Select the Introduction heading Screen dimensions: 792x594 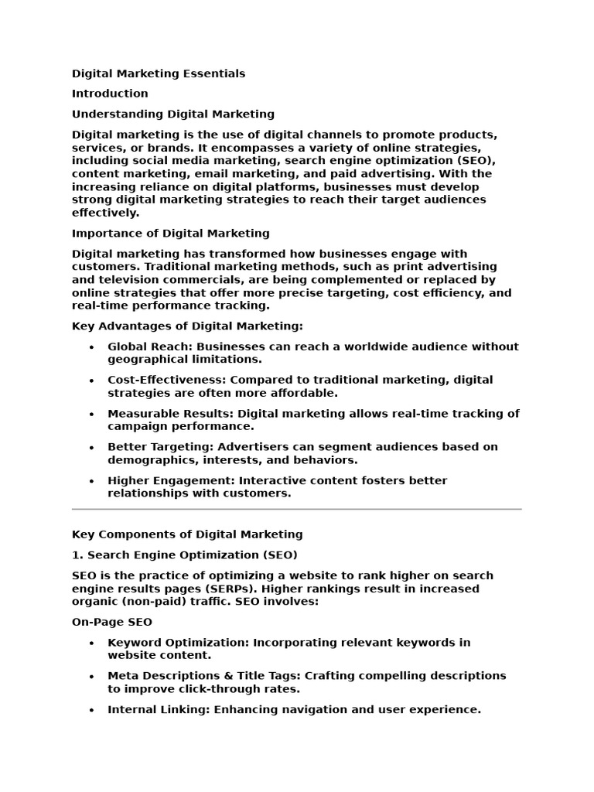click(110, 94)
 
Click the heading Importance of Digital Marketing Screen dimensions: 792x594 click(171, 233)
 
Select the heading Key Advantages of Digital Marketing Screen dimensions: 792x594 click(187, 326)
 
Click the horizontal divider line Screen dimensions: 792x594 click(297, 509)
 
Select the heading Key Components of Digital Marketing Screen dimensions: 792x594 click(187, 534)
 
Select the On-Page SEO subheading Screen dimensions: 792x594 click(112, 622)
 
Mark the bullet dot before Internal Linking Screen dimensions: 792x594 click(92, 710)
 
